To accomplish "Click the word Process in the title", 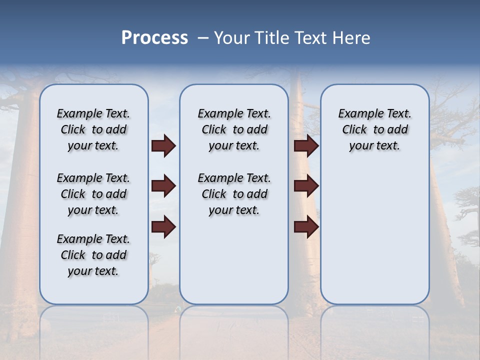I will click(154, 38).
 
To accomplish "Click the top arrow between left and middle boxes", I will click(163, 146).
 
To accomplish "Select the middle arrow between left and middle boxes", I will click(163, 186).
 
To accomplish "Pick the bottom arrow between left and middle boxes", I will click(163, 227).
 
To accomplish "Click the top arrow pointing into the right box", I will click(306, 146).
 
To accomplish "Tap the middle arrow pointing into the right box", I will click(306, 186).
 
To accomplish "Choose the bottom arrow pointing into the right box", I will click(306, 227).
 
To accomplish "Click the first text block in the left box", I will click(93, 129).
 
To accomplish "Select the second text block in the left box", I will click(93, 194).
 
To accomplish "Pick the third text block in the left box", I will click(93, 255).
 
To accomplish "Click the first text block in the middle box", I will click(234, 129).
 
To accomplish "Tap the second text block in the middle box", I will click(234, 194).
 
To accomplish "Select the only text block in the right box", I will click(374, 129).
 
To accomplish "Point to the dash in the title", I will click(202, 38).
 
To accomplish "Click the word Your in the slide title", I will click(232, 38).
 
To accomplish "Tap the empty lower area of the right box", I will click(374, 240).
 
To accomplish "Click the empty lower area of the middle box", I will click(234, 260).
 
